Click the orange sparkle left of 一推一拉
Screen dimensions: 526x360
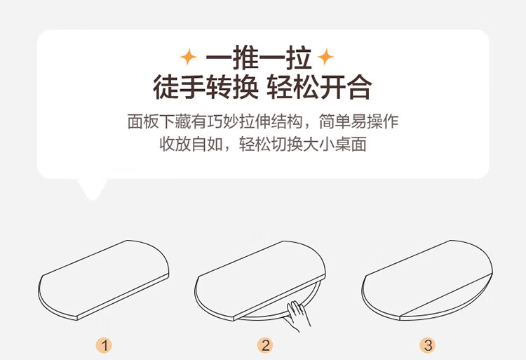coord(189,57)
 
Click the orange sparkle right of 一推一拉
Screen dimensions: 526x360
coord(325,57)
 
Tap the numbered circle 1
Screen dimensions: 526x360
coord(104,345)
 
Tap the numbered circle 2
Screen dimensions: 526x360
coord(265,345)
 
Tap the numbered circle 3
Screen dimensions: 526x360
coord(428,345)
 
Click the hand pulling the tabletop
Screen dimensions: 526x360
coord(297,315)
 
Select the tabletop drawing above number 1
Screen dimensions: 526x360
coord(103,280)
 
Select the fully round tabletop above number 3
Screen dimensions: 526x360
coord(427,280)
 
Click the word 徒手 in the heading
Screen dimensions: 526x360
coord(179,87)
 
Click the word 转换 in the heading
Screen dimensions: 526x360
coord(232,87)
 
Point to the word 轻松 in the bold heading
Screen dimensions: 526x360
coord(292,87)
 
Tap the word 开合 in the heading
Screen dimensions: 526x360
coord(346,87)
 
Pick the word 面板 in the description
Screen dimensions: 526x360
coord(143,121)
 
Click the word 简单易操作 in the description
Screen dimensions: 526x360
coord(358,121)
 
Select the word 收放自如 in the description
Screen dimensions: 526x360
coord(191,144)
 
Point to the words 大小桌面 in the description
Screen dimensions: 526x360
coord(335,144)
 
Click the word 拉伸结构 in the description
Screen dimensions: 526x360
coord(271,121)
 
